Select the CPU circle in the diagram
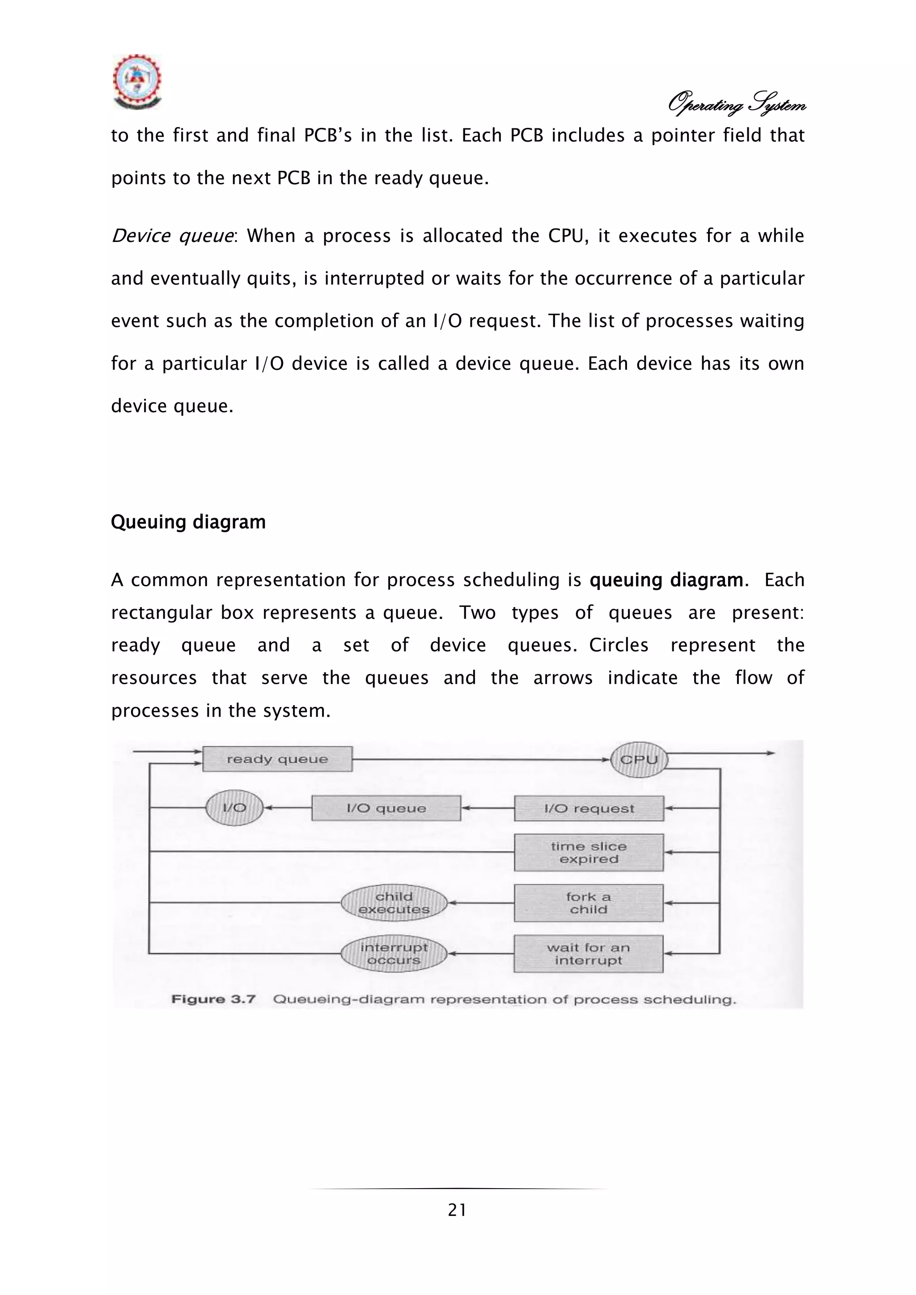click(639, 759)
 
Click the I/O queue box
click(386, 808)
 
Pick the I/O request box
click(589, 808)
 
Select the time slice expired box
click(589, 852)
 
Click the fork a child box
click(589, 902)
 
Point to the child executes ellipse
click(394, 902)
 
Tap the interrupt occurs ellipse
click(394, 953)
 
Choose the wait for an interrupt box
click(588, 954)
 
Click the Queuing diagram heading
click(188, 522)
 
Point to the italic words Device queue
click(172, 235)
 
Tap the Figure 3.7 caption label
click(213, 999)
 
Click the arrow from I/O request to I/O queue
click(488, 808)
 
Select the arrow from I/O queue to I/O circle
click(288, 808)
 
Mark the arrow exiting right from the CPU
click(722, 753)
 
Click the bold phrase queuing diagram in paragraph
click(666, 580)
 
